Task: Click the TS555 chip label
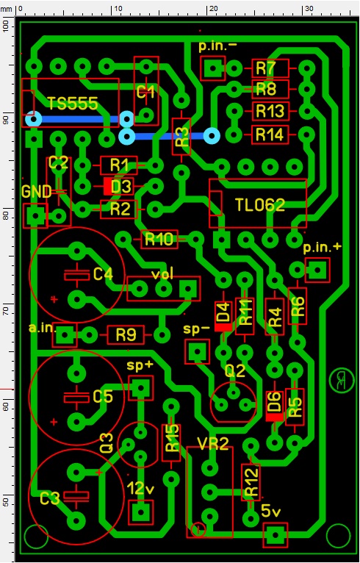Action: pos(73,104)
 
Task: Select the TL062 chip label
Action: pos(260,204)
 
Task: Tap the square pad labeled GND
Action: pos(35,216)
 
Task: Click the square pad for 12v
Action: pos(140,512)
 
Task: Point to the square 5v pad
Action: pos(276,534)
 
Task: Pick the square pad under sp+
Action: pos(140,388)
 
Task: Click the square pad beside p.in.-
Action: pos(213,68)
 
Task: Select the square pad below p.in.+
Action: pos(317,270)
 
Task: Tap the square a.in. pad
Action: pos(65,335)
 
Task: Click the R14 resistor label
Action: pos(270,135)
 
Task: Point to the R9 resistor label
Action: pos(126,335)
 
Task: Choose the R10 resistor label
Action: pos(159,239)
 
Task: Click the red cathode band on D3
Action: pos(107,187)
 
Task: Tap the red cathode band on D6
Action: pos(275,417)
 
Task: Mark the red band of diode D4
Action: pos(223,327)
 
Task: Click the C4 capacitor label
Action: pos(104,275)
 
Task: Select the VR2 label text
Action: pos(213,444)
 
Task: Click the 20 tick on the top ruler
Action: pos(208,14)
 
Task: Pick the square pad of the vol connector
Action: pos(188,288)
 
